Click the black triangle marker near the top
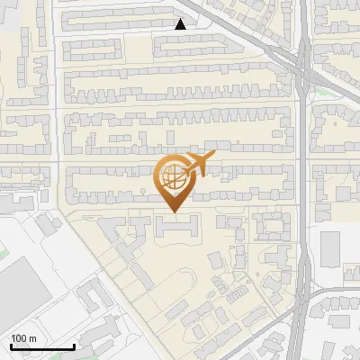tap(181, 24)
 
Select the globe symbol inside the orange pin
tap(172, 177)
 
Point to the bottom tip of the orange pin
tap(172, 212)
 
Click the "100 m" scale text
tap(24, 337)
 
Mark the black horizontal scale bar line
tap(41, 346)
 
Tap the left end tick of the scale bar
tap(10, 345)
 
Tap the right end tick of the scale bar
tap(74, 345)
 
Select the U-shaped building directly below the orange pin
tap(178, 229)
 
